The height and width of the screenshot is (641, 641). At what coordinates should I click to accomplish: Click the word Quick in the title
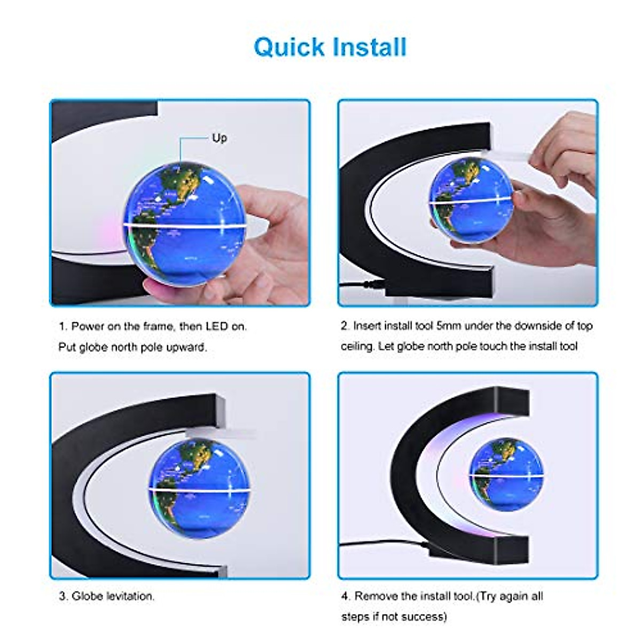pyautogui.click(x=289, y=47)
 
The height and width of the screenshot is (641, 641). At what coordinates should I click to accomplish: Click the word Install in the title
pyautogui.click(x=369, y=47)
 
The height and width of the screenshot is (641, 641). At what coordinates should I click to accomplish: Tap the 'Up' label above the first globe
pyautogui.click(x=219, y=138)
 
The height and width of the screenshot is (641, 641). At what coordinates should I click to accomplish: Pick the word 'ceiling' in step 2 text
pyautogui.click(x=357, y=347)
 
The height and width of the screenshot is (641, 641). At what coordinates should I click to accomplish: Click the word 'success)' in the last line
pyautogui.click(x=426, y=616)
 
